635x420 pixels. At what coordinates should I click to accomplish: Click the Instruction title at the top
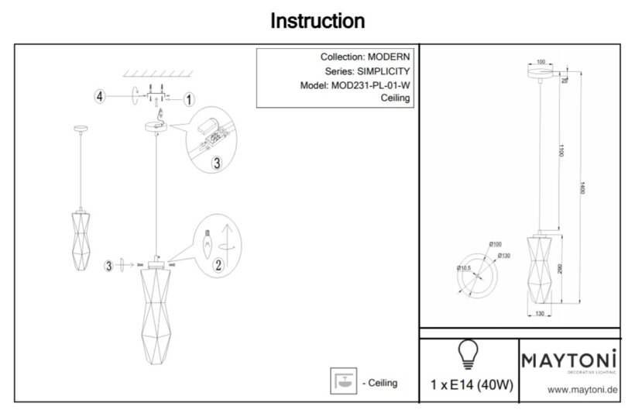click(317, 21)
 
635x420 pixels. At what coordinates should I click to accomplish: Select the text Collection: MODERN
click(366, 57)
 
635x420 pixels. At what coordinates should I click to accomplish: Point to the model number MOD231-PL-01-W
click(369, 85)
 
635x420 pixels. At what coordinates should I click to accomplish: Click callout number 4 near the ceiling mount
click(100, 97)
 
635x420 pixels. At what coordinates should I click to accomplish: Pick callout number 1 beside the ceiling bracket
click(190, 98)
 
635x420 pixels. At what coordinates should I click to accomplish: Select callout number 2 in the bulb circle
click(219, 265)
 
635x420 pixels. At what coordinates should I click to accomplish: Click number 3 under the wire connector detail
click(217, 163)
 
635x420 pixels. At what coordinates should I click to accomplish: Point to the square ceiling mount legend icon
click(341, 381)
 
